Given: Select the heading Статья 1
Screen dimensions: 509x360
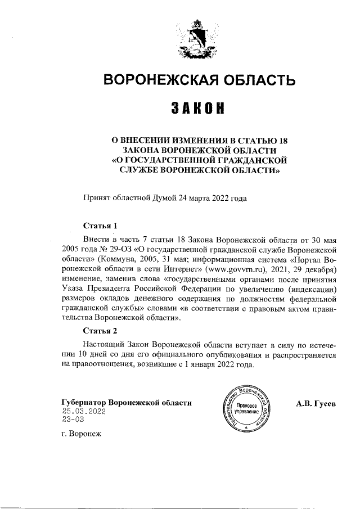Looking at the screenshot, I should pos(100,226).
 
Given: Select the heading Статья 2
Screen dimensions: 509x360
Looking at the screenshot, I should pos(100,330).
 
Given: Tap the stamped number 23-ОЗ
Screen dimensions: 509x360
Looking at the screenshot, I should pos(74,420).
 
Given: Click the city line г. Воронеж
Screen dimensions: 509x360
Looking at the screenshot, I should pos(79,435).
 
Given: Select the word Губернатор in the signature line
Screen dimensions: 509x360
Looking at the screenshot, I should pos(83,403).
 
